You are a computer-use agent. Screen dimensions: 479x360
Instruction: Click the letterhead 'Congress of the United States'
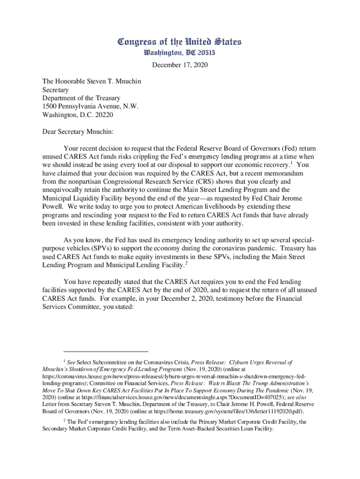click(180, 42)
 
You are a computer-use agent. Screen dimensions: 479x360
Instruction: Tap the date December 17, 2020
click(180, 65)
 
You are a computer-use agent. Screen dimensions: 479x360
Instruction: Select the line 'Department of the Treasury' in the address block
click(81, 98)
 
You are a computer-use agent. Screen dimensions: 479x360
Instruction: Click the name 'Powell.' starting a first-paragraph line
click(54, 206)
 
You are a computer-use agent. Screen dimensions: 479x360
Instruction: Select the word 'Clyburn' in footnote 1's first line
click(240, 363)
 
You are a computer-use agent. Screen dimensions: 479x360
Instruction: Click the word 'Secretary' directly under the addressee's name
click(56, 89)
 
